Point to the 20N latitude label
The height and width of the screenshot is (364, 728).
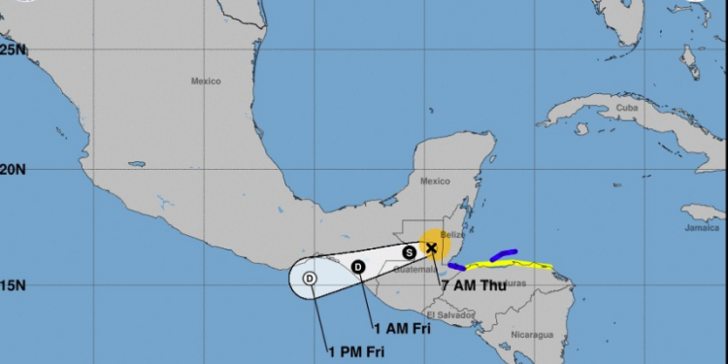point(12,169)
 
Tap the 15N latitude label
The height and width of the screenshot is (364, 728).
point(12,286)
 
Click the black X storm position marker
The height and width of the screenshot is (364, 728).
point(431,248)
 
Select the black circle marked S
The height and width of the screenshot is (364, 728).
point(410,252)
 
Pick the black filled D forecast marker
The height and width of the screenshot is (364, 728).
point(358,267)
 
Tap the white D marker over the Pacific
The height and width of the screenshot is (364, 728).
point(310,279)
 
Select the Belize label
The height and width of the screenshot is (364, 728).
point(453,235)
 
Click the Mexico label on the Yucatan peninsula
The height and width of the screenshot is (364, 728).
point(436,181)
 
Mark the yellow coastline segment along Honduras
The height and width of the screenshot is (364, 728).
point(510,265)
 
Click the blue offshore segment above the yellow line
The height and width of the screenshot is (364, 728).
point(504,255)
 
